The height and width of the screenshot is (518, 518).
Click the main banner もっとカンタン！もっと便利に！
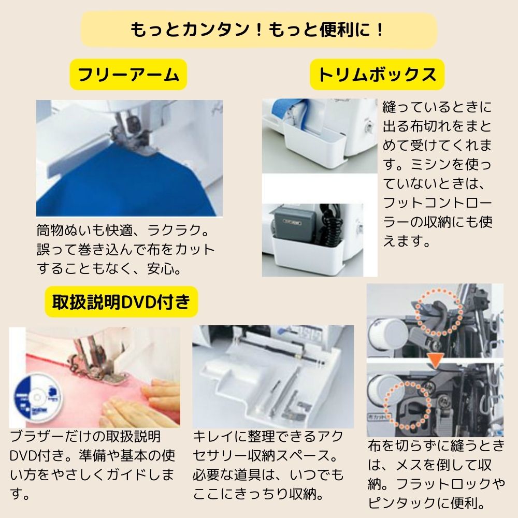coord(259,30)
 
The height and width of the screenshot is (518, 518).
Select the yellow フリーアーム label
coord(128,76)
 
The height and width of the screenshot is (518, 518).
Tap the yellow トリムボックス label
coord(377,76)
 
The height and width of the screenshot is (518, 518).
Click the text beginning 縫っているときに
coord(438,174)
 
